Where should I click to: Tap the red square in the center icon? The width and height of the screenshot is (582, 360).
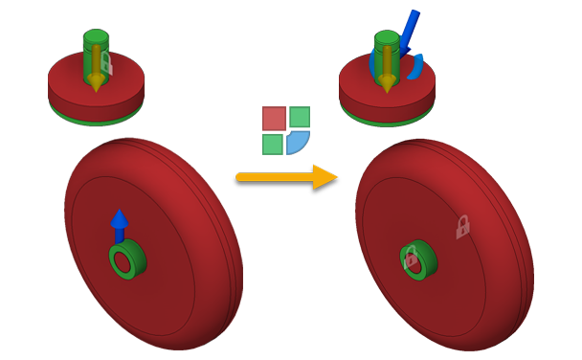click(275, 118)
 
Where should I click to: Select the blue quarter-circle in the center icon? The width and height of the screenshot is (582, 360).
click(298, 143)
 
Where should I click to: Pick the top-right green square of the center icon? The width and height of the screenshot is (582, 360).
click(300, 117)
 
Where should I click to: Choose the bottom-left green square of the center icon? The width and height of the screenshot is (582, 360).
click(273, 144)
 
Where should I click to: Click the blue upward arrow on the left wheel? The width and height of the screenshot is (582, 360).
click(119, 224)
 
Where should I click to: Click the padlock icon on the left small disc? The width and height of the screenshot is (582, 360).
click(107, 65)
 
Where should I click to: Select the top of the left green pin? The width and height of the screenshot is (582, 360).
click(95, 37)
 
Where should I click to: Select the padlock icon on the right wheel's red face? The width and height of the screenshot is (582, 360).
click(462, 226)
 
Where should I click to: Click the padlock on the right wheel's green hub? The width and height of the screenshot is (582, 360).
click(411, 257)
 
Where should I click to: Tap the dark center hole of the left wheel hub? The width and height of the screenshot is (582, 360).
click(123, 261)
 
